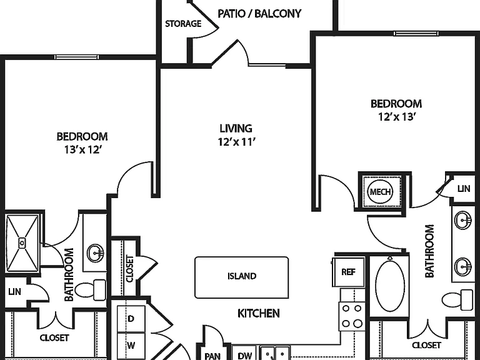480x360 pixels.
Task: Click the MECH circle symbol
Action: (x=380, y=192)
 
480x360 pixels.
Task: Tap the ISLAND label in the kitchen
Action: (x=242, y=276)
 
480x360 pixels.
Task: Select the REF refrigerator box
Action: (x=349, y=272)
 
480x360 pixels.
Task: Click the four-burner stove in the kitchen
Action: (x=352, y=316)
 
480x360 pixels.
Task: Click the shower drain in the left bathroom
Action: (x=22, y=243)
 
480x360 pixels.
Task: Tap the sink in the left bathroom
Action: (x=96, y=253)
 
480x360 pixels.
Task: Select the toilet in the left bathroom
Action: (x=91, y=289)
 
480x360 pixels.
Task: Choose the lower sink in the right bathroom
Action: (x=463, y=266)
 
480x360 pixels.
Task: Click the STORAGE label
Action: (x=183, y=24)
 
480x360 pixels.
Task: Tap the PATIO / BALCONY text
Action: (x=259, y=14)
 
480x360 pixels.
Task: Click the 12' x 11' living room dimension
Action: (x=237, y=142)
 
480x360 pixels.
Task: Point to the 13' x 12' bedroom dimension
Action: (x=82, y=150)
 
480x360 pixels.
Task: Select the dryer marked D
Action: (x=131, y=319)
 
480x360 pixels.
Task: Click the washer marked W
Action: (x=131, y=346)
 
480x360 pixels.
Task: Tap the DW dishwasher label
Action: (x=245, y=356)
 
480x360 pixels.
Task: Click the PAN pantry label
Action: (x=212, y=356)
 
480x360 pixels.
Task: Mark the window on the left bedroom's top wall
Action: (x=76, y=57)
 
